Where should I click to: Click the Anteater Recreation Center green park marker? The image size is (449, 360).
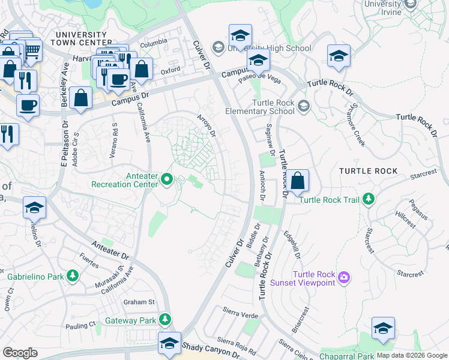tap(168, 179)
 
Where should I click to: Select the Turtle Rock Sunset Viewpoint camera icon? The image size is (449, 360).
tap(344, 277)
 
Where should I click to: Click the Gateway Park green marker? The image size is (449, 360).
tap(165, 320)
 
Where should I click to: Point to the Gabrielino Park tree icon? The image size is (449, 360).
tap(73, 276)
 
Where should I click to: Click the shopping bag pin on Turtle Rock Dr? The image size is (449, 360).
tap(297, 180)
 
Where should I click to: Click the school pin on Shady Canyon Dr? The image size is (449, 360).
tap(170, 343)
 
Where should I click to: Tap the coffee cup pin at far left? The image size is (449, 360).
tap(28, 106)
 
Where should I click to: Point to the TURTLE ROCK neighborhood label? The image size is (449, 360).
tap(369, 171)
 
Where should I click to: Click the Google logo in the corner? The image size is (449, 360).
tap(20, 352)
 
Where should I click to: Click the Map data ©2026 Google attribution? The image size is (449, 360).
tap(412, 355)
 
